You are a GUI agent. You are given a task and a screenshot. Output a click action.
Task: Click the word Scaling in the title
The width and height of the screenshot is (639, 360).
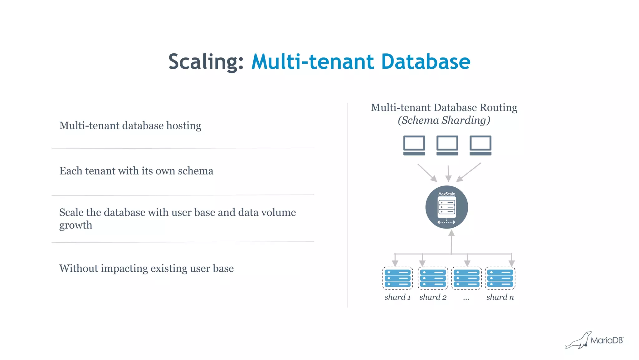pyautogui.click(x=205, y=62)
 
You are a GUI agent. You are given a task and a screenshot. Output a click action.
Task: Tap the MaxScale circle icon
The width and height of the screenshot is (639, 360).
pyautogui.click(x=446, y=207)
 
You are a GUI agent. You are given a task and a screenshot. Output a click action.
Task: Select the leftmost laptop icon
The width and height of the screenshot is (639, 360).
pyautogui.click(x=414, y=145)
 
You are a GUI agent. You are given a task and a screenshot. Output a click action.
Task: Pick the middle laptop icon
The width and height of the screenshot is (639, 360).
pyautogui.click(x=447, y=145)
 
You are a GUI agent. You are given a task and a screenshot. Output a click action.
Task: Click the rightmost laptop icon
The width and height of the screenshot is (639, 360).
pyautogui.click(x=480, y=145)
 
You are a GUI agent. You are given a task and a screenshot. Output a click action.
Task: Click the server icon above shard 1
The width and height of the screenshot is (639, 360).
pyautogui.click(x=398, y=278)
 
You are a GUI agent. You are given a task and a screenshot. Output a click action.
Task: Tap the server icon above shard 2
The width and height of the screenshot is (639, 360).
pyautogui.click(x=433, y=278)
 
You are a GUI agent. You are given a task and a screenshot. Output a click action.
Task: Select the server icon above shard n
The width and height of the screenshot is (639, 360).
pyautogui.click(x=500, y=278)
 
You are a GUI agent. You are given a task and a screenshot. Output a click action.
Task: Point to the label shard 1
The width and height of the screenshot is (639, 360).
pyautogui.click(x=398, y=297)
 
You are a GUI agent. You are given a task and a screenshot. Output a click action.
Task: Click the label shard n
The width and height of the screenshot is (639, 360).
pyautogui.click(x=500, y=297)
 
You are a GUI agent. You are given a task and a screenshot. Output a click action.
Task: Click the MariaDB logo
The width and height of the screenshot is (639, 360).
pyautogui.click(x=594, y=340)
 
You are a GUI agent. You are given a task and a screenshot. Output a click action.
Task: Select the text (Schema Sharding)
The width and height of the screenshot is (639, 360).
pyautogui.click(x=444, y=120)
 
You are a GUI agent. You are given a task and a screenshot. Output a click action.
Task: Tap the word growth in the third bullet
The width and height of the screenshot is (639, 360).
pyautogui.click(x=76, y=225)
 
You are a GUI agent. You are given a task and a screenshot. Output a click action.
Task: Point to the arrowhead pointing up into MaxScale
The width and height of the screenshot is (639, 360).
pyautogui.click(x=451, y=233)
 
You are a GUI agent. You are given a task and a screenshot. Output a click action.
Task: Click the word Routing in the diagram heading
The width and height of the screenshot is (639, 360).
pyautogui.click(x=498, y=107)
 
